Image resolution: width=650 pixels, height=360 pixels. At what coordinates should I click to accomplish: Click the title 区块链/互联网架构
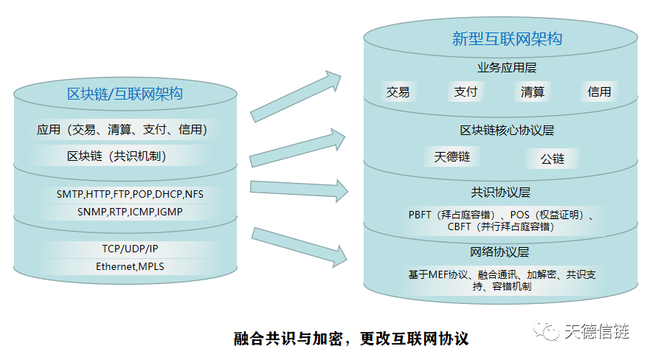click(x=125, y=94)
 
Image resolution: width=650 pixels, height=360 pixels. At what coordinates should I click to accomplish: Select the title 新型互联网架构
click(x=507, y=38)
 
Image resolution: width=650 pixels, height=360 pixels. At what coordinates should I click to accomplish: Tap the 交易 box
click(x=398, y=91)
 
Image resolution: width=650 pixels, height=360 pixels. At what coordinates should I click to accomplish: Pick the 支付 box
click(x=466, y=91)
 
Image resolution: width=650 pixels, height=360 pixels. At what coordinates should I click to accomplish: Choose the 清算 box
click(x=533, y=91)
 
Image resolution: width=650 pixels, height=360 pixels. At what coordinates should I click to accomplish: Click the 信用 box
click(x=599, y=91)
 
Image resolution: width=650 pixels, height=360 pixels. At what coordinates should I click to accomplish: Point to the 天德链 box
click(x=452, y=156)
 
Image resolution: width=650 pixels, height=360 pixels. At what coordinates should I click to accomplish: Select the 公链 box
click(x=552, y=159)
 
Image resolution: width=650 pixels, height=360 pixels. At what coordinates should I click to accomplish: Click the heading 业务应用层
click(x=507, y=68)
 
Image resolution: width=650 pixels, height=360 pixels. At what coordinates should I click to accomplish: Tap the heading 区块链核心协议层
click(x=507, y=131)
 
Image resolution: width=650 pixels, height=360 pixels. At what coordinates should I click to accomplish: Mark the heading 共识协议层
click(x=501, y=193)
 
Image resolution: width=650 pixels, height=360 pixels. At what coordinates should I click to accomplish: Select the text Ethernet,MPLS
click(x=130, y=266)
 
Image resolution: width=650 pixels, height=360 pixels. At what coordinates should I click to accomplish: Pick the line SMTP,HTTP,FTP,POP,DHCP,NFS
click(x=130, y=194)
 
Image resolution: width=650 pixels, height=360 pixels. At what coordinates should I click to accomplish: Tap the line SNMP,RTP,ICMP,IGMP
click(x=130, y=212)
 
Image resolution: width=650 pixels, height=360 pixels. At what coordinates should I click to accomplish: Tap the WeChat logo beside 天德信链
click(x=547, y=331)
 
